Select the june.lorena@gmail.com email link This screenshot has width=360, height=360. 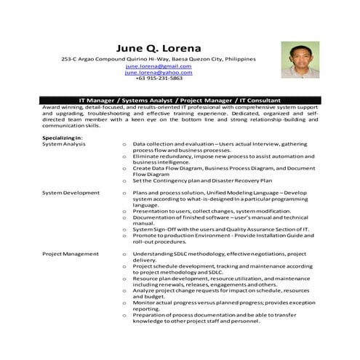click(x=158, y=66)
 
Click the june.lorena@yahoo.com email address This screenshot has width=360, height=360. click(x=158, y=73)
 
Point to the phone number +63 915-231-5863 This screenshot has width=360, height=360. click(x=158, y=79)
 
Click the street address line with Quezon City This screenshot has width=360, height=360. click(x=158, y=58)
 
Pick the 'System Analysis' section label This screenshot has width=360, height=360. click(x=63, y=144)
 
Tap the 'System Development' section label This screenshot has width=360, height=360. click(x=71, y=193)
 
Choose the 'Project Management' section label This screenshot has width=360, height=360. click(x=70, y=254)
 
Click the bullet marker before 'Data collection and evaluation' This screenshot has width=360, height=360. click(x=125, y=145)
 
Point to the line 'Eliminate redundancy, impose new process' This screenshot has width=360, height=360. click(x=218, y=156)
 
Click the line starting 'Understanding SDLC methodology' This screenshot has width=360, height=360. click(x=218, y=254)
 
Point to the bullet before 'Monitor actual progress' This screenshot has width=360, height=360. click(x=125, y=303)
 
